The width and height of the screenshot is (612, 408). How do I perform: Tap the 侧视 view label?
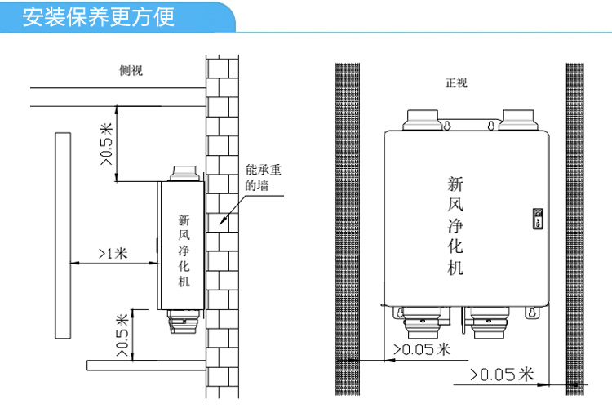pyautogui.click(x=131, y=70)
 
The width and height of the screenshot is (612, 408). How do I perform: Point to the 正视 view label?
pyautogui.click(x=456, y=82)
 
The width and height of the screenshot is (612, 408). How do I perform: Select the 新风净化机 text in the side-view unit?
pyautogui.click(x=184, y=250)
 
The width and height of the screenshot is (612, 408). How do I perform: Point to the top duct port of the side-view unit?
pyautogui.click(x=182, y=175)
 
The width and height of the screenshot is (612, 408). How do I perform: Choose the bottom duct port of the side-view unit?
pyautogui.click(x=183, y=323)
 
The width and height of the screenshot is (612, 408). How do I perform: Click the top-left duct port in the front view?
pyautogui.click(x=420, y=121)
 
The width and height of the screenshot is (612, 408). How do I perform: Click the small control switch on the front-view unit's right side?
pyautogui.click(x=537, y=217)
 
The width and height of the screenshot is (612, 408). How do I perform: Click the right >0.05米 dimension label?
pyautogui.click(x=502, y=375)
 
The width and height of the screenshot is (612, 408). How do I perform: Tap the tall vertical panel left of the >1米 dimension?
pyautogui.click(x=62, y=235)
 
